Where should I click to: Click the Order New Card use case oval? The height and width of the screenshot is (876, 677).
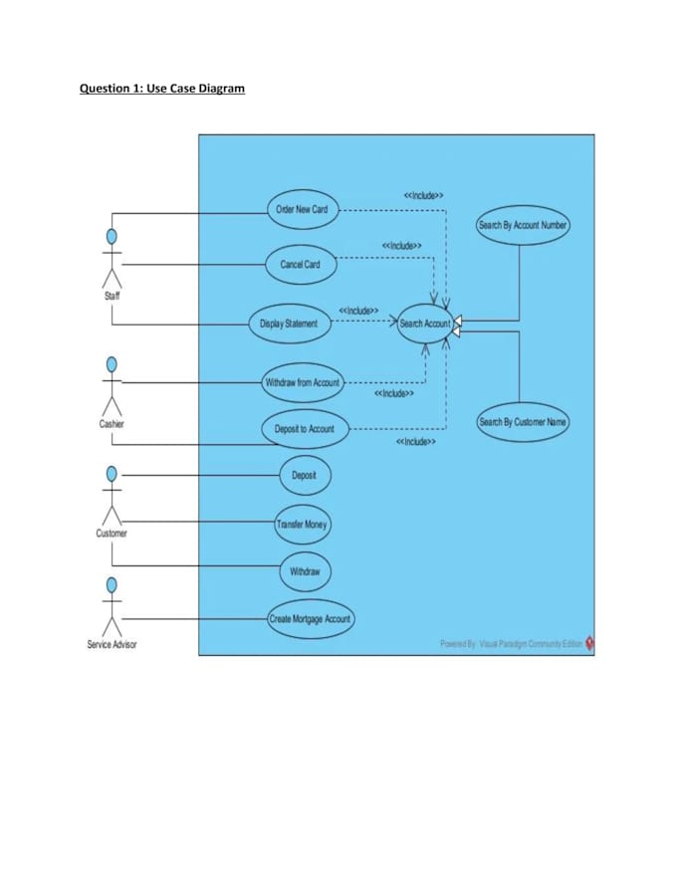click(301, 209)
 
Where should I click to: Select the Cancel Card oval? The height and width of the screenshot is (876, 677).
click(301, 264)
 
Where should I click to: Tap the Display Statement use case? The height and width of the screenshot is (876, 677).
click(289, 324)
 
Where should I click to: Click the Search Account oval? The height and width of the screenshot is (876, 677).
click(425, 324)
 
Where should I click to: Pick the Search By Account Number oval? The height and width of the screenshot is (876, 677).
click(523, 225)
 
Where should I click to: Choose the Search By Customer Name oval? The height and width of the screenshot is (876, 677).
click(523, 422)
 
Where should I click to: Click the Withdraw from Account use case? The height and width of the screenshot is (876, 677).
click(302, 382)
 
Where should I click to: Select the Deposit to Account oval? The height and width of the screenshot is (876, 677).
click(305, 429)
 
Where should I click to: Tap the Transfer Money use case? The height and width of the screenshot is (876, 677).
click(302, 524)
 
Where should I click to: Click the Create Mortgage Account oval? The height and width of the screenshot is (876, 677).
click(310, 619)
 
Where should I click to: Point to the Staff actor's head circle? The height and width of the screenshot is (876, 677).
click(113, 237)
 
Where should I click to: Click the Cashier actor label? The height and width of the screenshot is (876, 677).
click(112, 423)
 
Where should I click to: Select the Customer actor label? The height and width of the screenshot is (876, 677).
click(112, 533)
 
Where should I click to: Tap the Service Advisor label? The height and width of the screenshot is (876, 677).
click(112, 644)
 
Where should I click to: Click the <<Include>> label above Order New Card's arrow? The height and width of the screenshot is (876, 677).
click(423, 195)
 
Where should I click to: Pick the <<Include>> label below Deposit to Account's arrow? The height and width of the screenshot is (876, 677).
click(415, 441)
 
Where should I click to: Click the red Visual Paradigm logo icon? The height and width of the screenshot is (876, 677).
click(589, 643)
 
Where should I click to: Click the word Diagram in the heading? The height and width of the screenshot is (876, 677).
click(221, 89)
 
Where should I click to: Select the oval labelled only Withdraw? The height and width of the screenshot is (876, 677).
click(305, 571)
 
